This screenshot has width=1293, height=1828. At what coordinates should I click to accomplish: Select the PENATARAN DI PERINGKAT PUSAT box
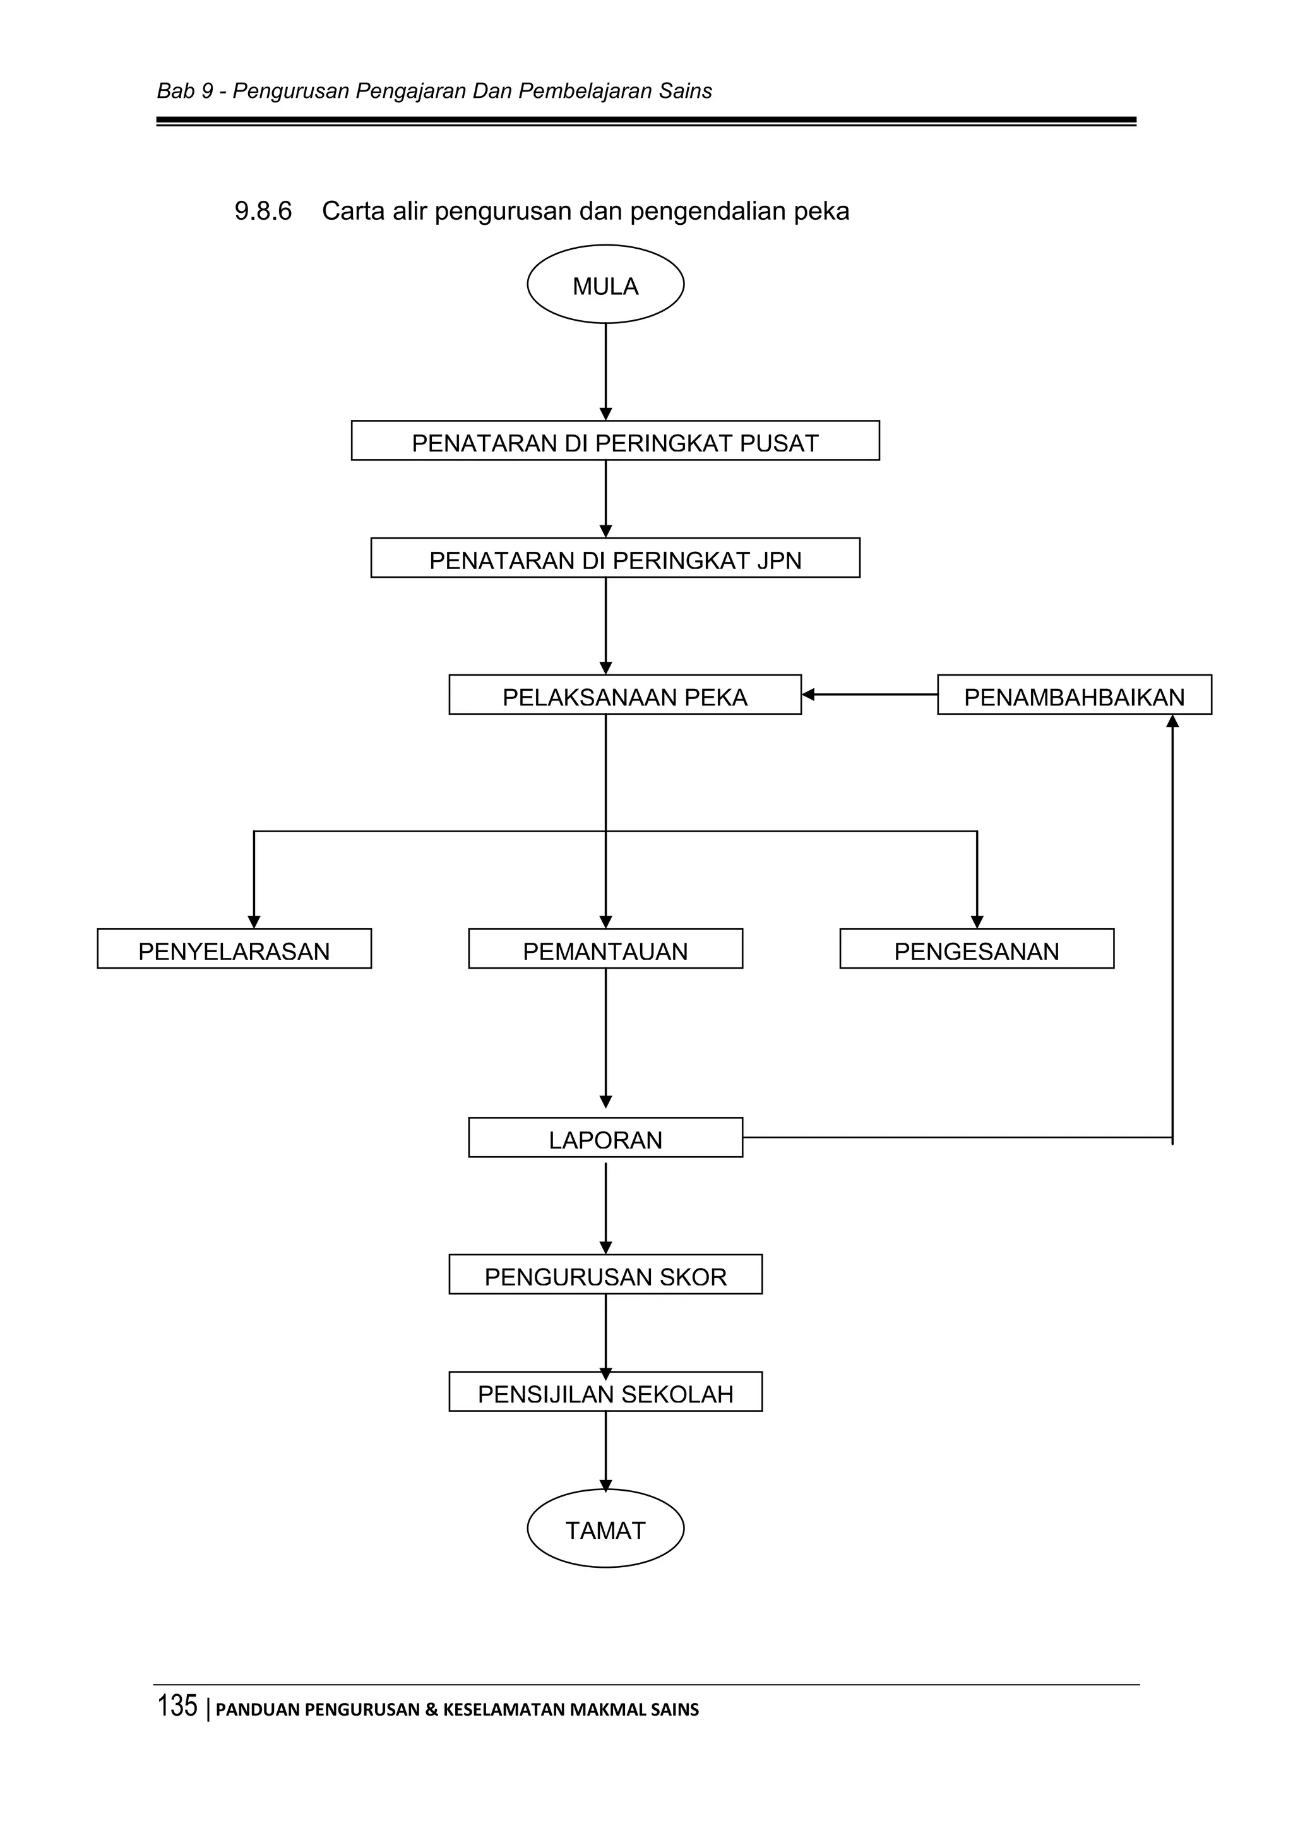click(x=615, y=441)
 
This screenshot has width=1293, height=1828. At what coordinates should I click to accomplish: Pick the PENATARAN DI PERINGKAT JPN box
click(x=615, y=558)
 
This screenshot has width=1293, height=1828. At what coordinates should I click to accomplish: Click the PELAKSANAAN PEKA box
click(x=624, y=695)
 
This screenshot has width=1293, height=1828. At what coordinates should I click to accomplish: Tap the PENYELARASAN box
click(x=234, y=949)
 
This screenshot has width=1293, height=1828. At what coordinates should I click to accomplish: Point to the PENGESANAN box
click(x=976, y=949)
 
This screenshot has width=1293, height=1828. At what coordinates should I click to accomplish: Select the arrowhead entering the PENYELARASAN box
click(x=254, y=922)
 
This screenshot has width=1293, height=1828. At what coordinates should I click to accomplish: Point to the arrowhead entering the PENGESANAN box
click(x=977, y=922)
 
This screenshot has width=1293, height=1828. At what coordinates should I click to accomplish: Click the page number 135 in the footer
click(x=177, y=1706)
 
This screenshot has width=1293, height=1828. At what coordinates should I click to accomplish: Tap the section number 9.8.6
click(x=263, y=212)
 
